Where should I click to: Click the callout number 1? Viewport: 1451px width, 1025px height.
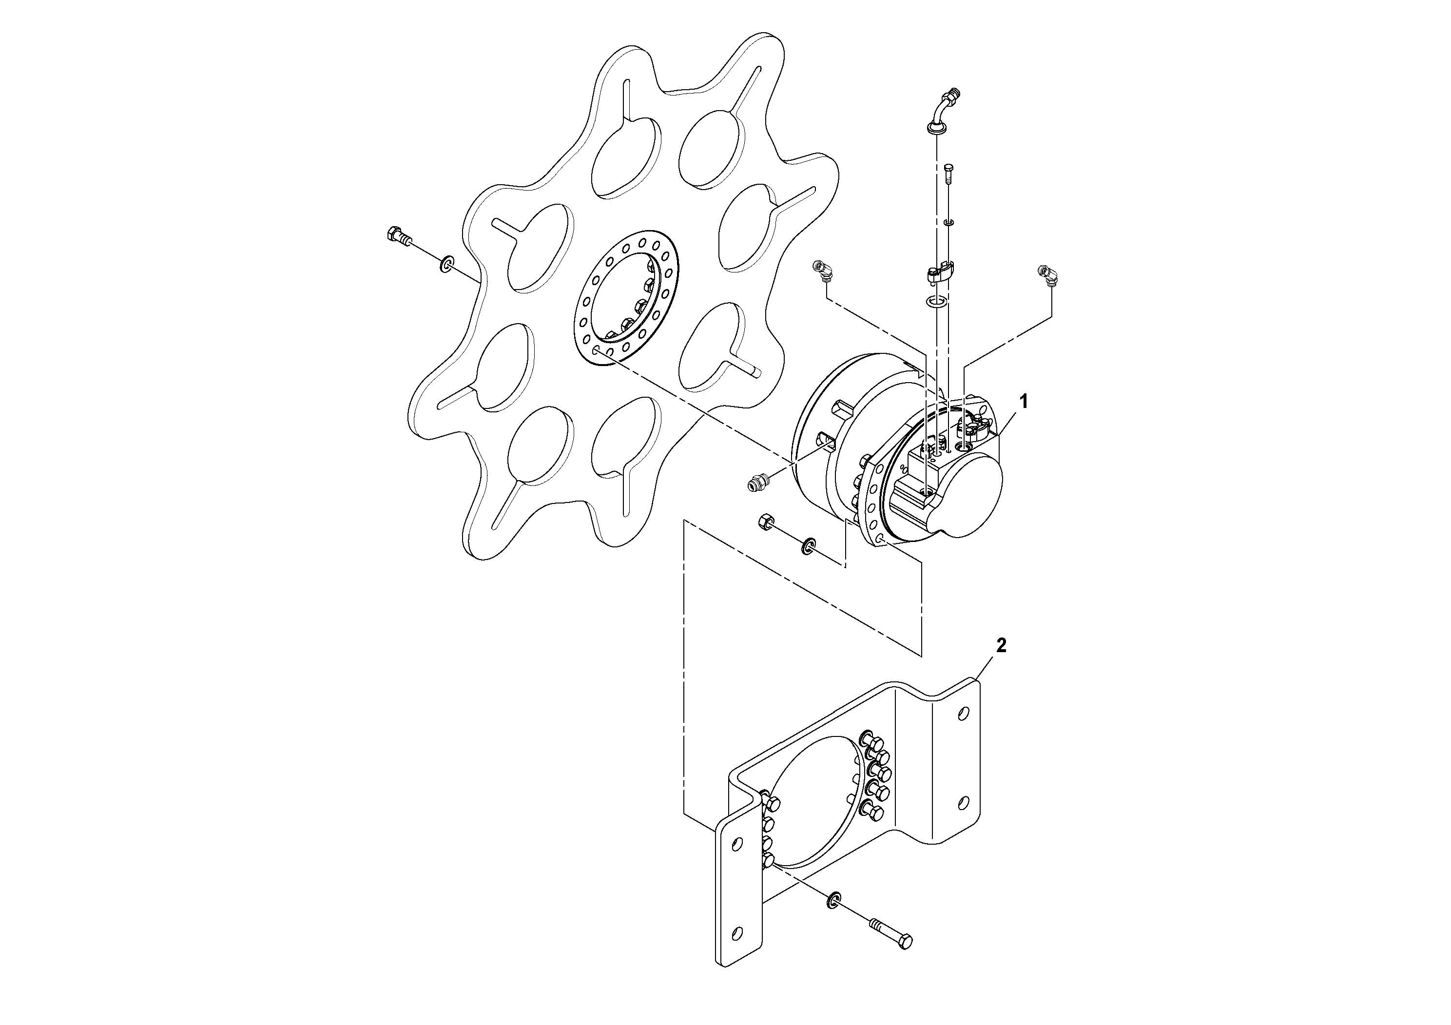[1024, 401]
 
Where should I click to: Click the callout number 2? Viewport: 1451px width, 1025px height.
[1001, 645]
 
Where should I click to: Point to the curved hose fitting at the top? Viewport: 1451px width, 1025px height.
[944, 112]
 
